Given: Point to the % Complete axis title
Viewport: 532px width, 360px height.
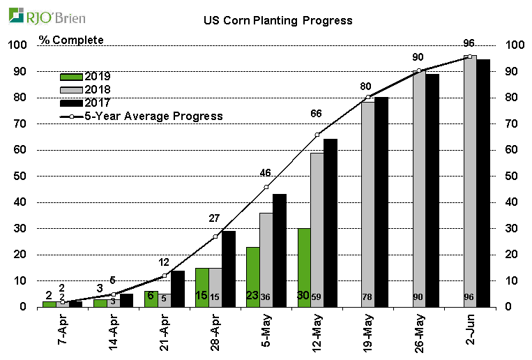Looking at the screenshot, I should [71, 40].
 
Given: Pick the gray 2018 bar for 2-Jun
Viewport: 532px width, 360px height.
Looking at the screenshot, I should [470, 181].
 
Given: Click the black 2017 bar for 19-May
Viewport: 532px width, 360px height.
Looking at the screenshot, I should [381, 202].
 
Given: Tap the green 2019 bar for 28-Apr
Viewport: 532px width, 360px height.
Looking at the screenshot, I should [202, 287].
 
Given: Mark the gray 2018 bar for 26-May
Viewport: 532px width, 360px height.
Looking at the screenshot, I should [419, 189].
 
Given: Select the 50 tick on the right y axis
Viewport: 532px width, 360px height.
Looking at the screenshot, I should [515, 177].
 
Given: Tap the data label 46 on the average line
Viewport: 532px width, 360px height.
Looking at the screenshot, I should [266, 172].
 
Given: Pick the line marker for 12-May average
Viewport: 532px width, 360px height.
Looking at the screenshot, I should [317, 134].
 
